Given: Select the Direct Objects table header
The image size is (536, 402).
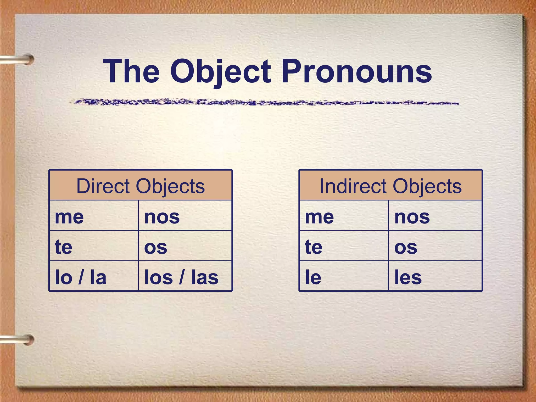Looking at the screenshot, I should click(x=141, y=186).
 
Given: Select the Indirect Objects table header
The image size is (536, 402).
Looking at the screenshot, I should click(x=390, y=186).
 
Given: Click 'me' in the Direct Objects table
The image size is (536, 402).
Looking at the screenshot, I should click(x=69, y=217).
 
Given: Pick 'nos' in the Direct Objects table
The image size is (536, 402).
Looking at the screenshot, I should click(x=162, y=217).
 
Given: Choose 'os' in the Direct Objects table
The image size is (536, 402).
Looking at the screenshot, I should click(x=156, y=247).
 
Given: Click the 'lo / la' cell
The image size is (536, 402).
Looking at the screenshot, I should click(x=81, y=277).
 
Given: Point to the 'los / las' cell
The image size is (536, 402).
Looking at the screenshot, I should click(x=181, y=277).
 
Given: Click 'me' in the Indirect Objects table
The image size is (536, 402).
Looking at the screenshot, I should click(x=320, y=217).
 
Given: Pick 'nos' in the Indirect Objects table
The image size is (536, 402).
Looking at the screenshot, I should click(x=412, y=217).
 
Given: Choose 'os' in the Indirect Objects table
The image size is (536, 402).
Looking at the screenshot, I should click(x=406, y=247).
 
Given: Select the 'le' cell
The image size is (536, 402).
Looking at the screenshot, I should click(x=313, y=277).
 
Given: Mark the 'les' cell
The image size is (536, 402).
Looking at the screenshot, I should click(x=408, y=277).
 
